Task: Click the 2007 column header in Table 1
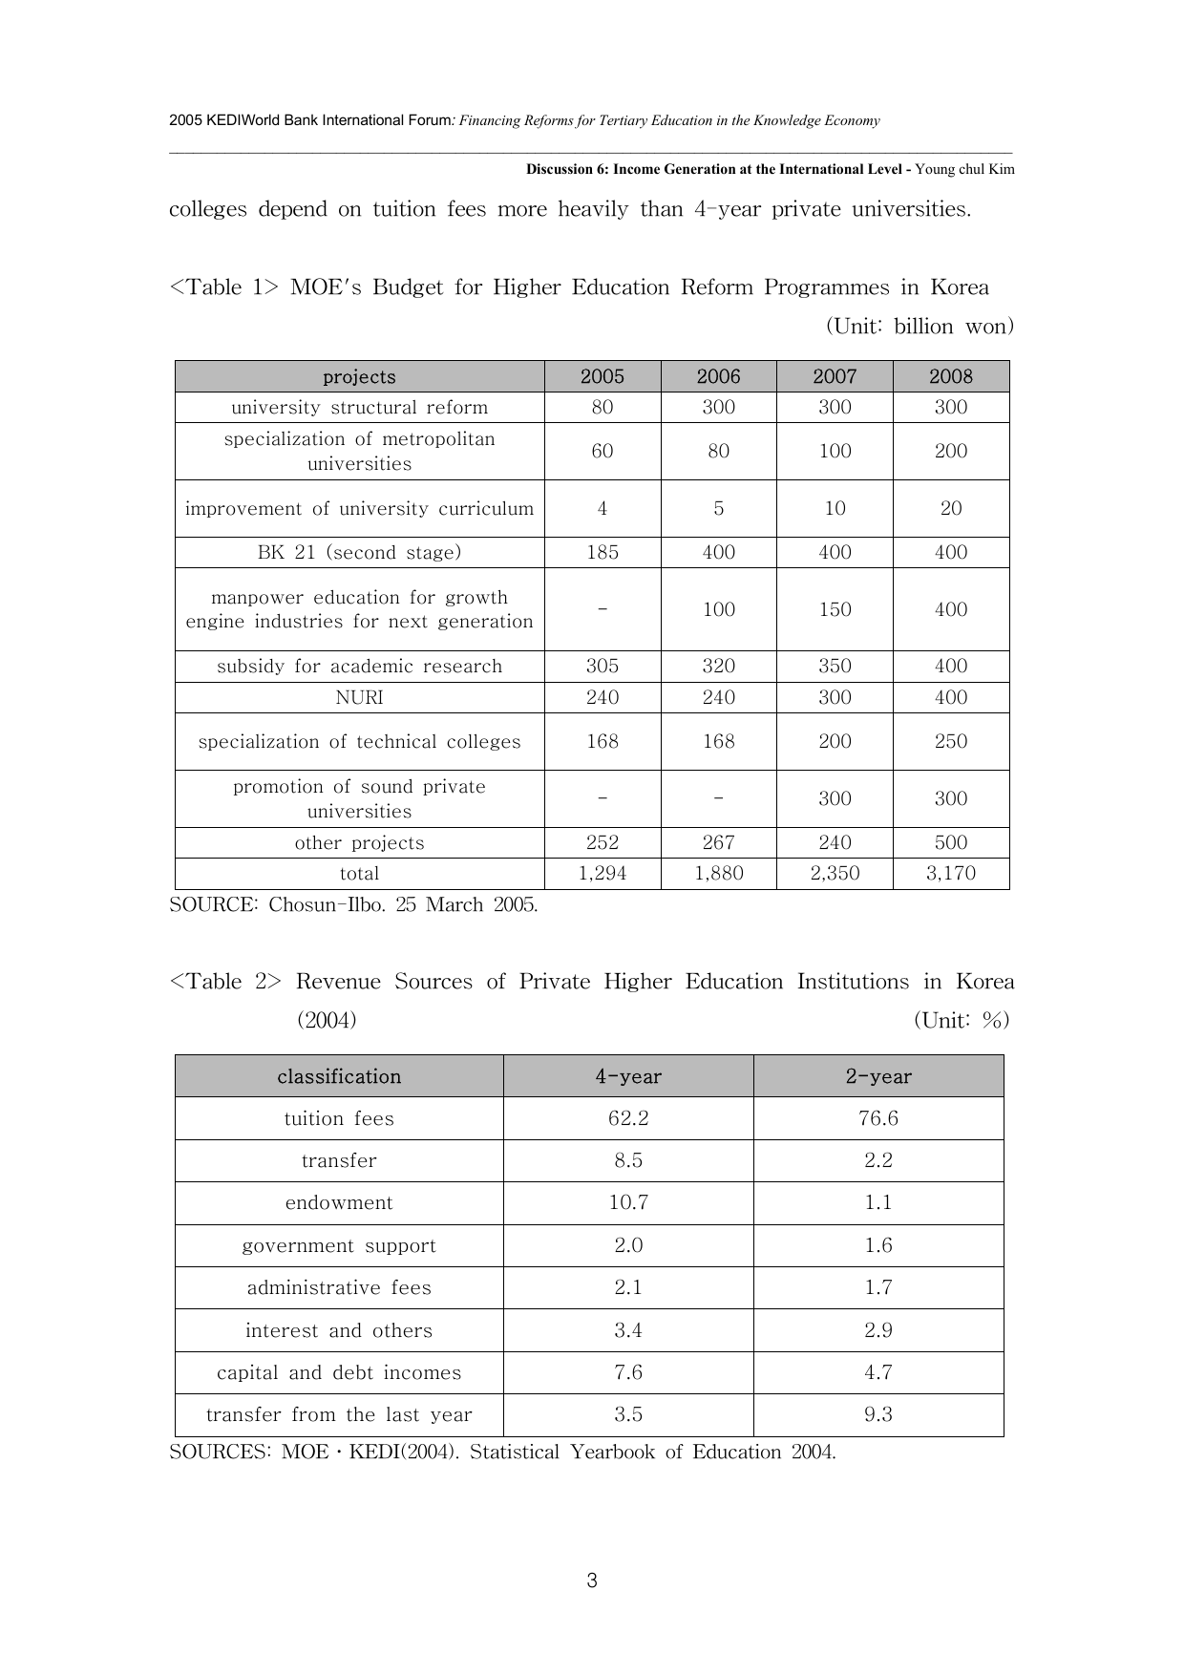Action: coord(835,376)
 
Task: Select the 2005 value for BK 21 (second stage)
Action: coord(603,552)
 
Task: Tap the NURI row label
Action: coord(359,697)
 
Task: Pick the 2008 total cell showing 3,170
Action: coord(951,873)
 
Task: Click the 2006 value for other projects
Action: coord(718,842)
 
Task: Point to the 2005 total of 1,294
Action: coord(603,873)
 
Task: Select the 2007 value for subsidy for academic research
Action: coord(835,666)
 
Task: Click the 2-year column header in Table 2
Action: coord(878,1076)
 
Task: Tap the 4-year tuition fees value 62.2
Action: coord(628,1118)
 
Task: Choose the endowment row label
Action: coord(339,1202)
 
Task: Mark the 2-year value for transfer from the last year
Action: coord(878,1414)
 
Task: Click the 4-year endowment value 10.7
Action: coord(628,1202)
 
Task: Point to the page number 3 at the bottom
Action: coord(592,1581)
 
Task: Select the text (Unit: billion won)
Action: coord(919,327)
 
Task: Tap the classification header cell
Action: coord(339,1076)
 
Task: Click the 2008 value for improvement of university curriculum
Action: coord(951,508)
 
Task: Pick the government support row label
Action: coord(339,1245)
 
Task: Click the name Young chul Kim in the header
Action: coord(964,169)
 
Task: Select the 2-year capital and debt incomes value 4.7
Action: coord(878,1372)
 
